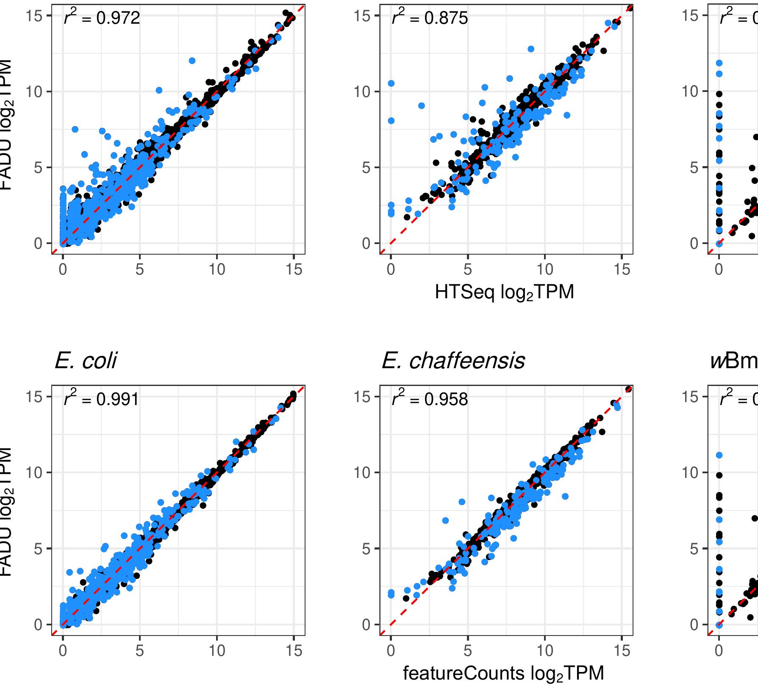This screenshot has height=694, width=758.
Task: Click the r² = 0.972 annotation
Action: point(102,18)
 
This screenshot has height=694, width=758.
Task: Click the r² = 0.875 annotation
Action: point(430,18)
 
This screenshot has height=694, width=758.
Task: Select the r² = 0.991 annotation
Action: point(102,399)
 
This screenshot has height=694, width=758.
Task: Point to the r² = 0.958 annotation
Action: point(430,399)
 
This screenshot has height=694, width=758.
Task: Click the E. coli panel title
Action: point(86,361)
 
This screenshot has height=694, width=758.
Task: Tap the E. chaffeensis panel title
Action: point(453,361)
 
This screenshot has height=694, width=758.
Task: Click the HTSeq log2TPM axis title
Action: point(504,292)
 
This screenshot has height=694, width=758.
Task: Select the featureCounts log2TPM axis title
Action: point(503,673)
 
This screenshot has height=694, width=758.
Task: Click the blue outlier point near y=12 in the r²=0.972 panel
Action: point(192,61)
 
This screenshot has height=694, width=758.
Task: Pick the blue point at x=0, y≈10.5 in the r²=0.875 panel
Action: point(391,83)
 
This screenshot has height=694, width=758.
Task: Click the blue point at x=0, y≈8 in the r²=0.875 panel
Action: point(391,121)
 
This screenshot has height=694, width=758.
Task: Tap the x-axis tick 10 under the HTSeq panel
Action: point(545,269)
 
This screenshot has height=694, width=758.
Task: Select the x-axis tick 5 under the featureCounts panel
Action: point(468,650)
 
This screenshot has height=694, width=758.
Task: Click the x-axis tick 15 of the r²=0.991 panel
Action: point(294,650)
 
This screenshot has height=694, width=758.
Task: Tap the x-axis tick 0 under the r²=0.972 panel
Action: point(63,269)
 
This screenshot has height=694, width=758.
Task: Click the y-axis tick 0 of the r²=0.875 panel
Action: point(366,244)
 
